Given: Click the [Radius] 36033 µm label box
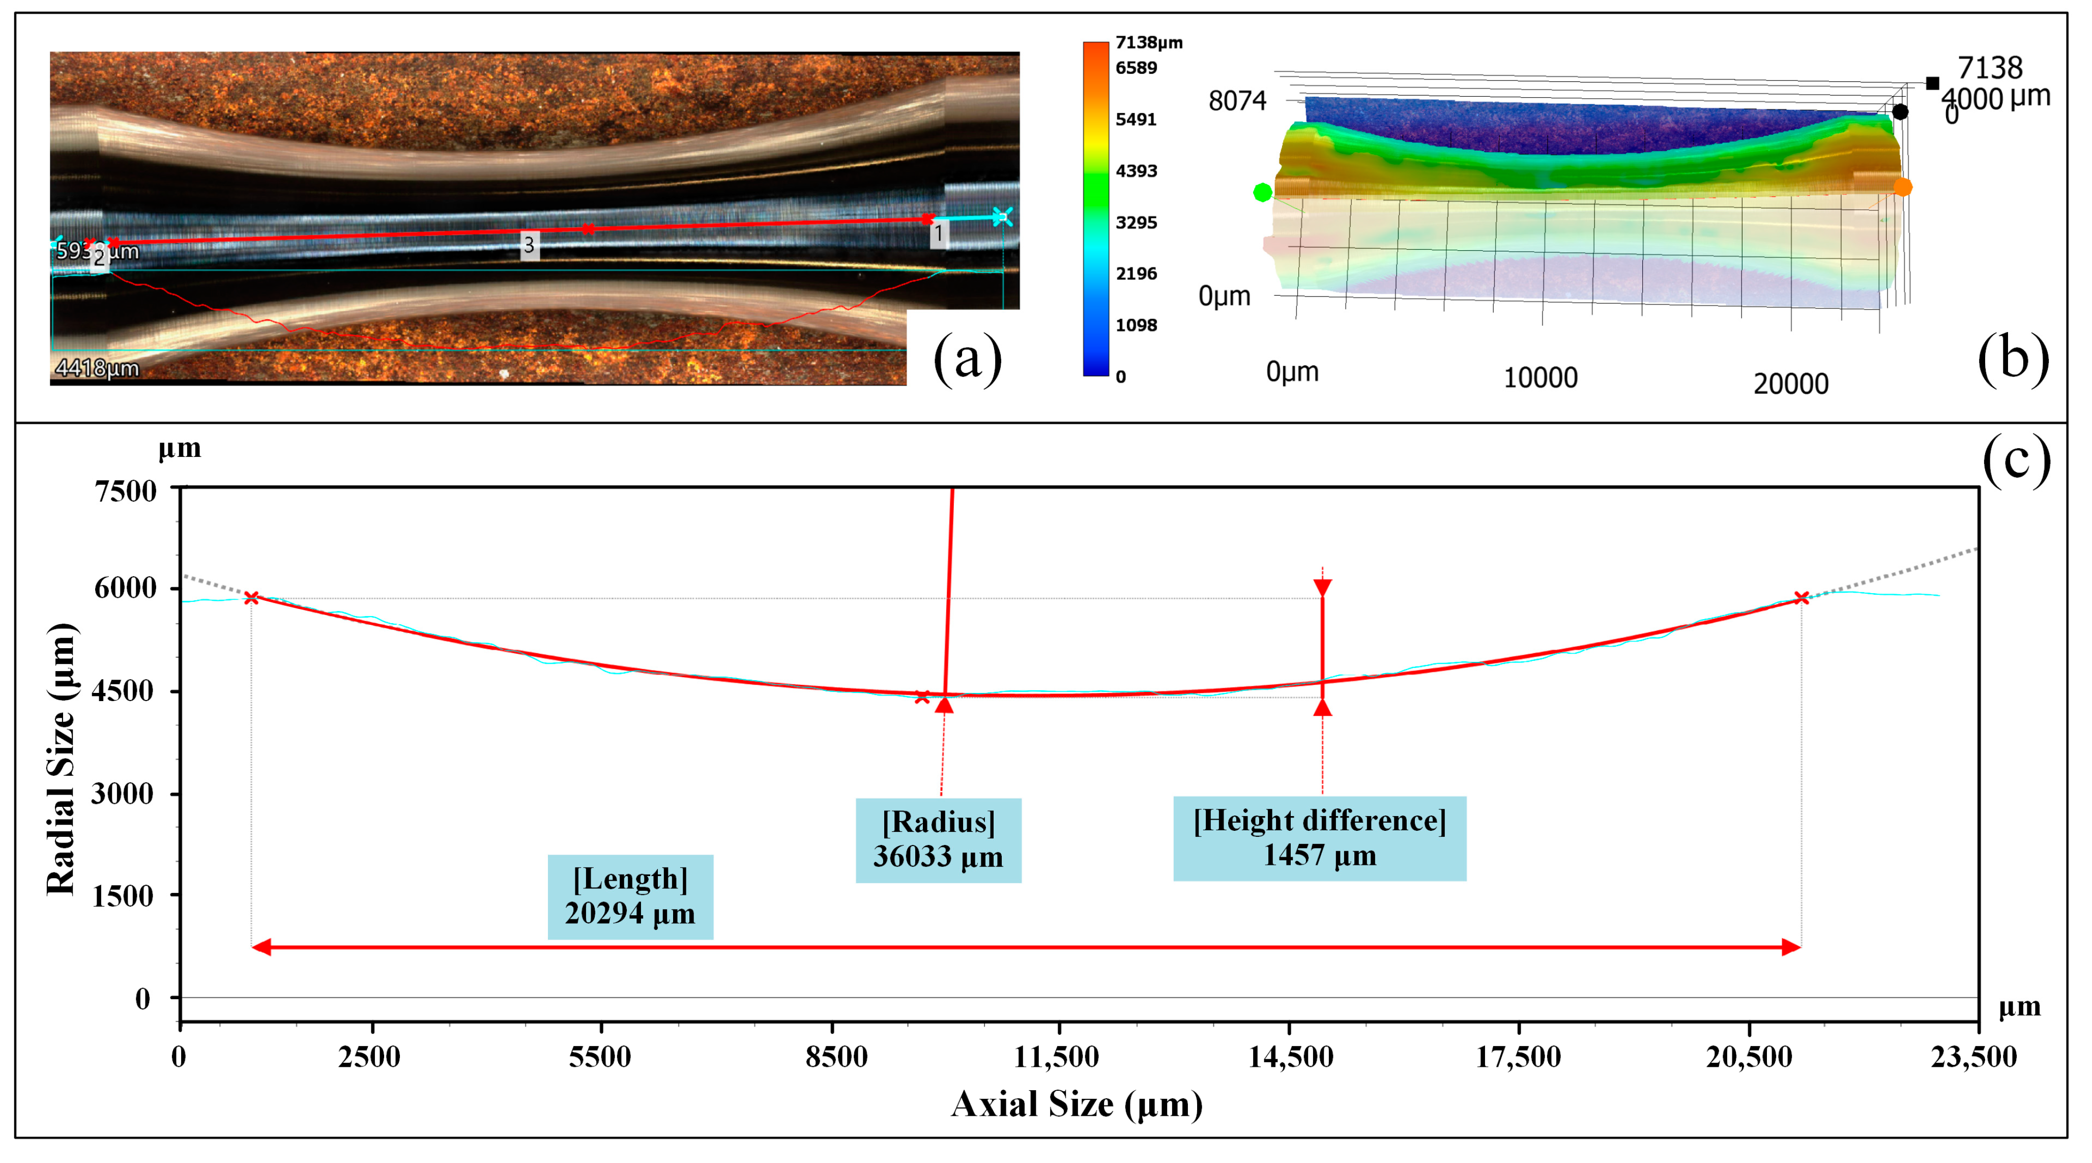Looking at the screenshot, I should [938, 840].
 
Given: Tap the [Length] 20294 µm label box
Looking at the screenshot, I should [630, 896].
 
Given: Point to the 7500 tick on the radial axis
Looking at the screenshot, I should [125, 491].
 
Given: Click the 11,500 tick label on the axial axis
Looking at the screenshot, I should [1057, 1057].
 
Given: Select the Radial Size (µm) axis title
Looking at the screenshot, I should [62, 760].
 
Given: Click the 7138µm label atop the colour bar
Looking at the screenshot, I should [1148, 42].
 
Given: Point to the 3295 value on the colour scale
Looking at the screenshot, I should [1136, 222].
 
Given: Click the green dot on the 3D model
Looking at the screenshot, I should [1262, 192].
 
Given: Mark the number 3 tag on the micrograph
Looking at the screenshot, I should [529, 245].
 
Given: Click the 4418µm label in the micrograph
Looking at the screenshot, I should [97, 369].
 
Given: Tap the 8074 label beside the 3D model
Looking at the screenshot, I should [1237, 101].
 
